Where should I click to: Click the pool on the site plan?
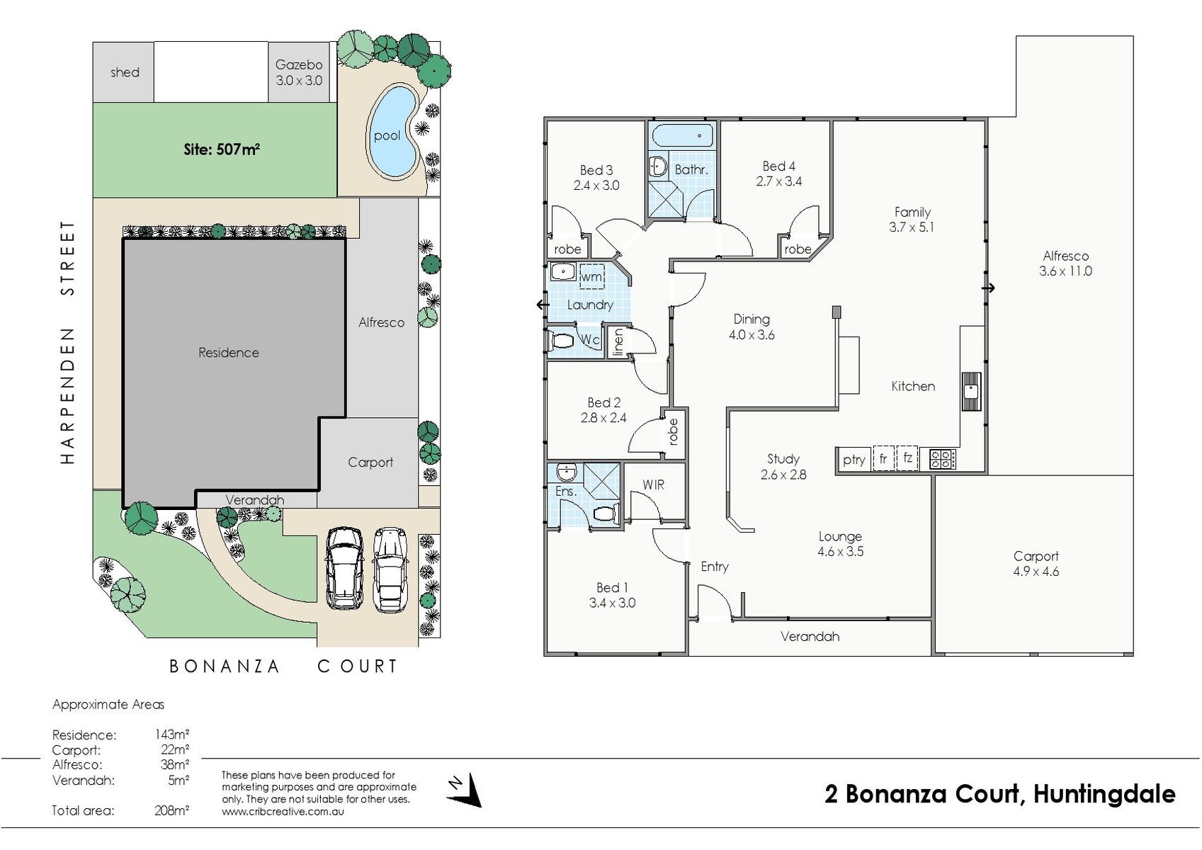point(393,132)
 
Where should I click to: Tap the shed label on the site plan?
point(125,72)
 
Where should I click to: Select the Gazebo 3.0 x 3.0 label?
point(299,72)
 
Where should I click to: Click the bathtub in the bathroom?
point(683,136)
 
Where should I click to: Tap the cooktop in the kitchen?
point(943,459)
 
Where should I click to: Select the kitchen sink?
point(971,392)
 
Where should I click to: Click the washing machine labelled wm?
point(591,277)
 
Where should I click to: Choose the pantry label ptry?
point(854,460)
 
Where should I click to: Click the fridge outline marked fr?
point(883,459)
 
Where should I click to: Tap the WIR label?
point(653,484)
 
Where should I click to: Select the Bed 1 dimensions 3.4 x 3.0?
point(612,603)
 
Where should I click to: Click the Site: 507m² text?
point(222,149)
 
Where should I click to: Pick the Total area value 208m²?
point(171,810)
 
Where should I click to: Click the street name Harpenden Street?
point(67,342)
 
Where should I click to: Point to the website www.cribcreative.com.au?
point(283,811)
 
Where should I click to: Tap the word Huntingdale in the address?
point(1104,793)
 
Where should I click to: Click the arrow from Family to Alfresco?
point(989,288)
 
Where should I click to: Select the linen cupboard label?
point(618,342)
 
